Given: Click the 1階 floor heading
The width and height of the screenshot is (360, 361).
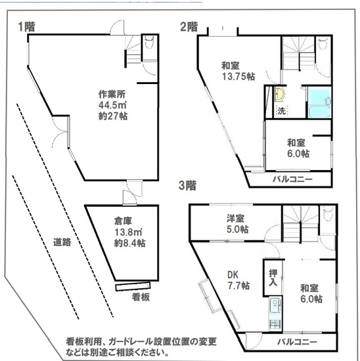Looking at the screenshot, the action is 27,27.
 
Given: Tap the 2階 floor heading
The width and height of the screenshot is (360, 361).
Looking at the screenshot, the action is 189,27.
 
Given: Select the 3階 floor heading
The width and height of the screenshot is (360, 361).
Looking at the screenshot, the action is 188,186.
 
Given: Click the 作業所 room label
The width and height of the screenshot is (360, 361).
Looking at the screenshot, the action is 112,94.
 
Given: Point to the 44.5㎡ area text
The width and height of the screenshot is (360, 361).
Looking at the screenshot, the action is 112,105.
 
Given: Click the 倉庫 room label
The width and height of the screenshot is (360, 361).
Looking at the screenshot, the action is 123,221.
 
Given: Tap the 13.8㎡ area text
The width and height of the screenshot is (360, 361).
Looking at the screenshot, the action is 128,232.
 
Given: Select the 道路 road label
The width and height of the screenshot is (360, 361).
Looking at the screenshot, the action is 62,242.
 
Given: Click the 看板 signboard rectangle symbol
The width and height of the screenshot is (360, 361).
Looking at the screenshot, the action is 133,287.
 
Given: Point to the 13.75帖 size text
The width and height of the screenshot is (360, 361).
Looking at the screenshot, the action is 238,76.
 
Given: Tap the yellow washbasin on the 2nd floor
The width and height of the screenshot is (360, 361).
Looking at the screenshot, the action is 280,95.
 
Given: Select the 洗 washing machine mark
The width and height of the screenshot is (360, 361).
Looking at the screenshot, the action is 282,111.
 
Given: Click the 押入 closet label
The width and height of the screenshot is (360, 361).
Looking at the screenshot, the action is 273,278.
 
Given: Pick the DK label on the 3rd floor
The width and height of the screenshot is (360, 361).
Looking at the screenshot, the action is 233,274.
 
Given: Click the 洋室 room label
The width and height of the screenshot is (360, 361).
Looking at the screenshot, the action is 235,218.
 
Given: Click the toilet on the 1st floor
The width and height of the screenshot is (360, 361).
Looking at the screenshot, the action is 149,42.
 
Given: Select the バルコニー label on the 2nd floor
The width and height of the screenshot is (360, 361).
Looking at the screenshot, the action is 293,179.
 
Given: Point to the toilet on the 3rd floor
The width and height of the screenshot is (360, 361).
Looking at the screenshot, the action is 328,213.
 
